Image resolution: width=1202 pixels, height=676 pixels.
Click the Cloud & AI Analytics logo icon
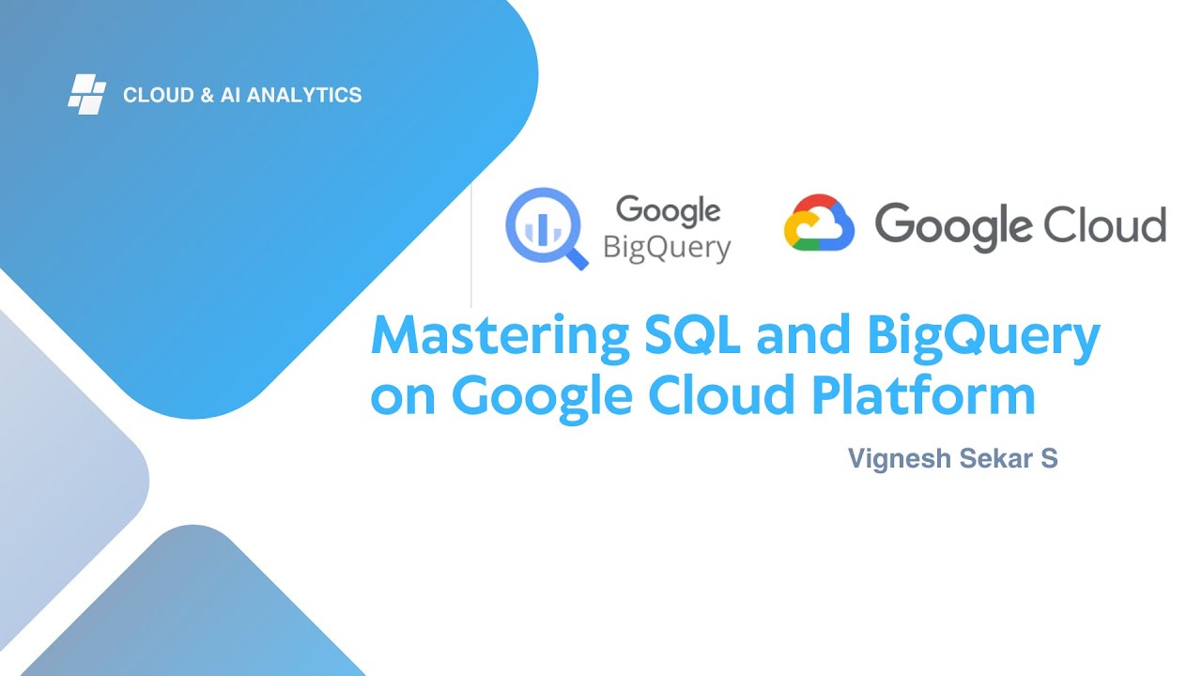[86, 95]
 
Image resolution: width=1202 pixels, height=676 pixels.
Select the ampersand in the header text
[208, 95]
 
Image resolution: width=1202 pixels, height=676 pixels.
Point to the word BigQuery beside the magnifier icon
[667, 249]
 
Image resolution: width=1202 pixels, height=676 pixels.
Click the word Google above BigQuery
[668, 211]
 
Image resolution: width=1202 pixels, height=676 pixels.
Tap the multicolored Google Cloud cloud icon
[819, 223]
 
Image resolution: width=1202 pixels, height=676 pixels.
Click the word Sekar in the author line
[988, 459]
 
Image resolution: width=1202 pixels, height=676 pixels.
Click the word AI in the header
[232, 95]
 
